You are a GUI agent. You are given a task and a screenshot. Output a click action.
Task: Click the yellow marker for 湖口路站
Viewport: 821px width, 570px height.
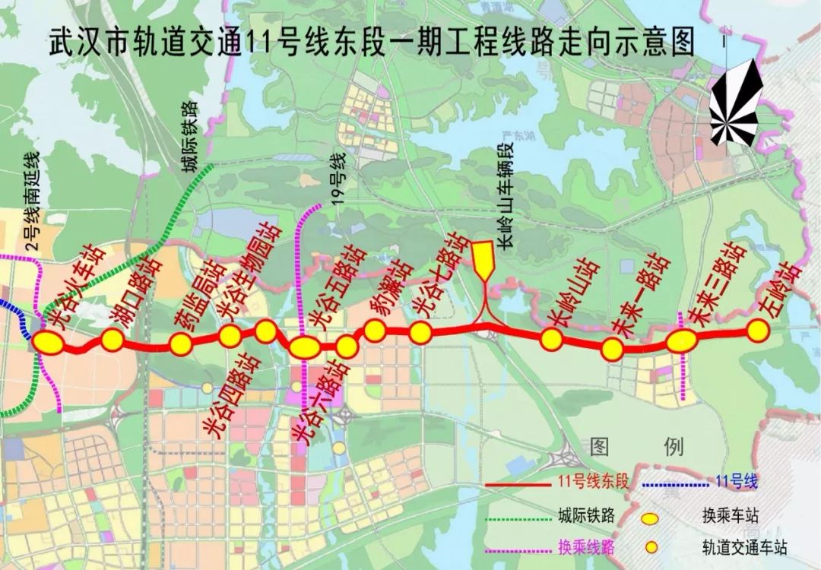point(113,339)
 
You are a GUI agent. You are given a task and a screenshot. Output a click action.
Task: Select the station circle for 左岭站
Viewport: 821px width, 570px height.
point(757,330)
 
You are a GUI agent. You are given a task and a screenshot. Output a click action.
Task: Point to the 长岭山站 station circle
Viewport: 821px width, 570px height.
point(551,339)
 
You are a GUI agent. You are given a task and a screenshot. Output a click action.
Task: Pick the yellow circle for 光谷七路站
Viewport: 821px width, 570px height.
point(420,332)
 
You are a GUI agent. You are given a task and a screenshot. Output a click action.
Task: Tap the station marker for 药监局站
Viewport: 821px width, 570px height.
point(181,344)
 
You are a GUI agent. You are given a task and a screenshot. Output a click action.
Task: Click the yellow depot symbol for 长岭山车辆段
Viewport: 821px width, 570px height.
point(483,259)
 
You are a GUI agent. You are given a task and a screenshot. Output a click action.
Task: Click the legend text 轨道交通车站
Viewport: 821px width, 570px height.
point(744,547)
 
